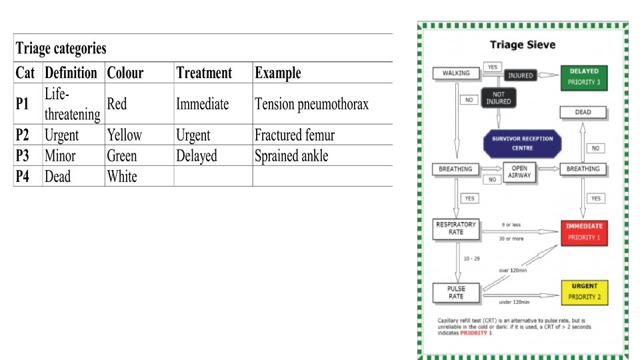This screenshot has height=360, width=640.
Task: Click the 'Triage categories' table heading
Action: [61, 49]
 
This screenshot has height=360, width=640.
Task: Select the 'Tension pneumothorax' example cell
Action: [311, 104]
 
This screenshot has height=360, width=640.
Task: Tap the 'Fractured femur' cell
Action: [294, 135]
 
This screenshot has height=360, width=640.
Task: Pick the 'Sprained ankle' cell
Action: [291, 156]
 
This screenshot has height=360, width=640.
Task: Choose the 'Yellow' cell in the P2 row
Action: [124, 135]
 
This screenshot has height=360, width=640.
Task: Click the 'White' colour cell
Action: [122, 177]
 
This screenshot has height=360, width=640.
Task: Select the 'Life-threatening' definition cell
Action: [72, 104]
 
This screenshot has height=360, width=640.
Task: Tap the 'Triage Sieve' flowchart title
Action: [523, 45]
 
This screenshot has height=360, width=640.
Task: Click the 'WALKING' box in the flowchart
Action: [456, 73]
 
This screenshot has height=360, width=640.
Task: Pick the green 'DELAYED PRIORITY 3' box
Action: [584, 77]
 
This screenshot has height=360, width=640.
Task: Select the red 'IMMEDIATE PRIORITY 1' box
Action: [584, 232]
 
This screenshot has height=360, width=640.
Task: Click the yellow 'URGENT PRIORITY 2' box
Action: [584, 291]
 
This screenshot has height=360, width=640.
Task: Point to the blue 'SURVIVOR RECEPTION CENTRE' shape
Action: [522, 143]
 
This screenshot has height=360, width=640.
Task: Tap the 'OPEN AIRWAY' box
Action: [519, 172]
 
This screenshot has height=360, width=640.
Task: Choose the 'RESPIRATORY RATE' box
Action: [456, 228]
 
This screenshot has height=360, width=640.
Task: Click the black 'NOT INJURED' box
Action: [498, 97]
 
